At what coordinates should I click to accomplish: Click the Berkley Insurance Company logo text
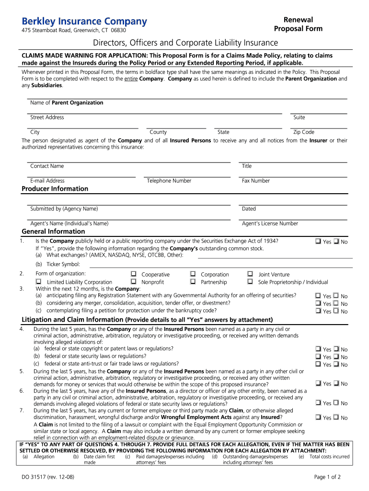pyautogui.click(x=84, y=22)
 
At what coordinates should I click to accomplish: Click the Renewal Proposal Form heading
pyautogui.click(x=298, y=24)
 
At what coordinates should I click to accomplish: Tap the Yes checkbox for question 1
pyautogui.click(x=318, y=241)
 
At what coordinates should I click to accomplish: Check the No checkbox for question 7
pyautogui.click(x=336, y=417)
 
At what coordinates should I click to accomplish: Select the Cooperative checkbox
pyautogui.click(x=134, y=274)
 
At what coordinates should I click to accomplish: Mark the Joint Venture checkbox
pyautogui.click(x=250, y=274)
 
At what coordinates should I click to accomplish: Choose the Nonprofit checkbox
pyautogui.click(x=134, y=281)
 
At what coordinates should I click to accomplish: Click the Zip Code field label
pyautogui.click(x=304, y=132)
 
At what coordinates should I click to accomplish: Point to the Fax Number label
pyautogui.click(x=256, y=181)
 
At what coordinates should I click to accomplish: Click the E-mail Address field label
pyautogui.click(x=47, y=181)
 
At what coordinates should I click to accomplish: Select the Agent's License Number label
pyautogui.click(x=270, y=223)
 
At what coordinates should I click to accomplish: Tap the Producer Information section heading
pyautogui.click(x=55, y=189)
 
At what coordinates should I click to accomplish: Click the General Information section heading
pyautogui.click(x=53, y=232)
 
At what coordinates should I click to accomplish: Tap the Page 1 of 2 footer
pyautogui.click(x=327, y=477)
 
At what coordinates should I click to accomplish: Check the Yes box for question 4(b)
pyautogui.click(x=318, y=356)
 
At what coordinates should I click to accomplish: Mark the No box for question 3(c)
pyautogui.click(x=336, y=311)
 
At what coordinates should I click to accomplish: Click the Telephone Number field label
pyautogui.click(x=169, y=181)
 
